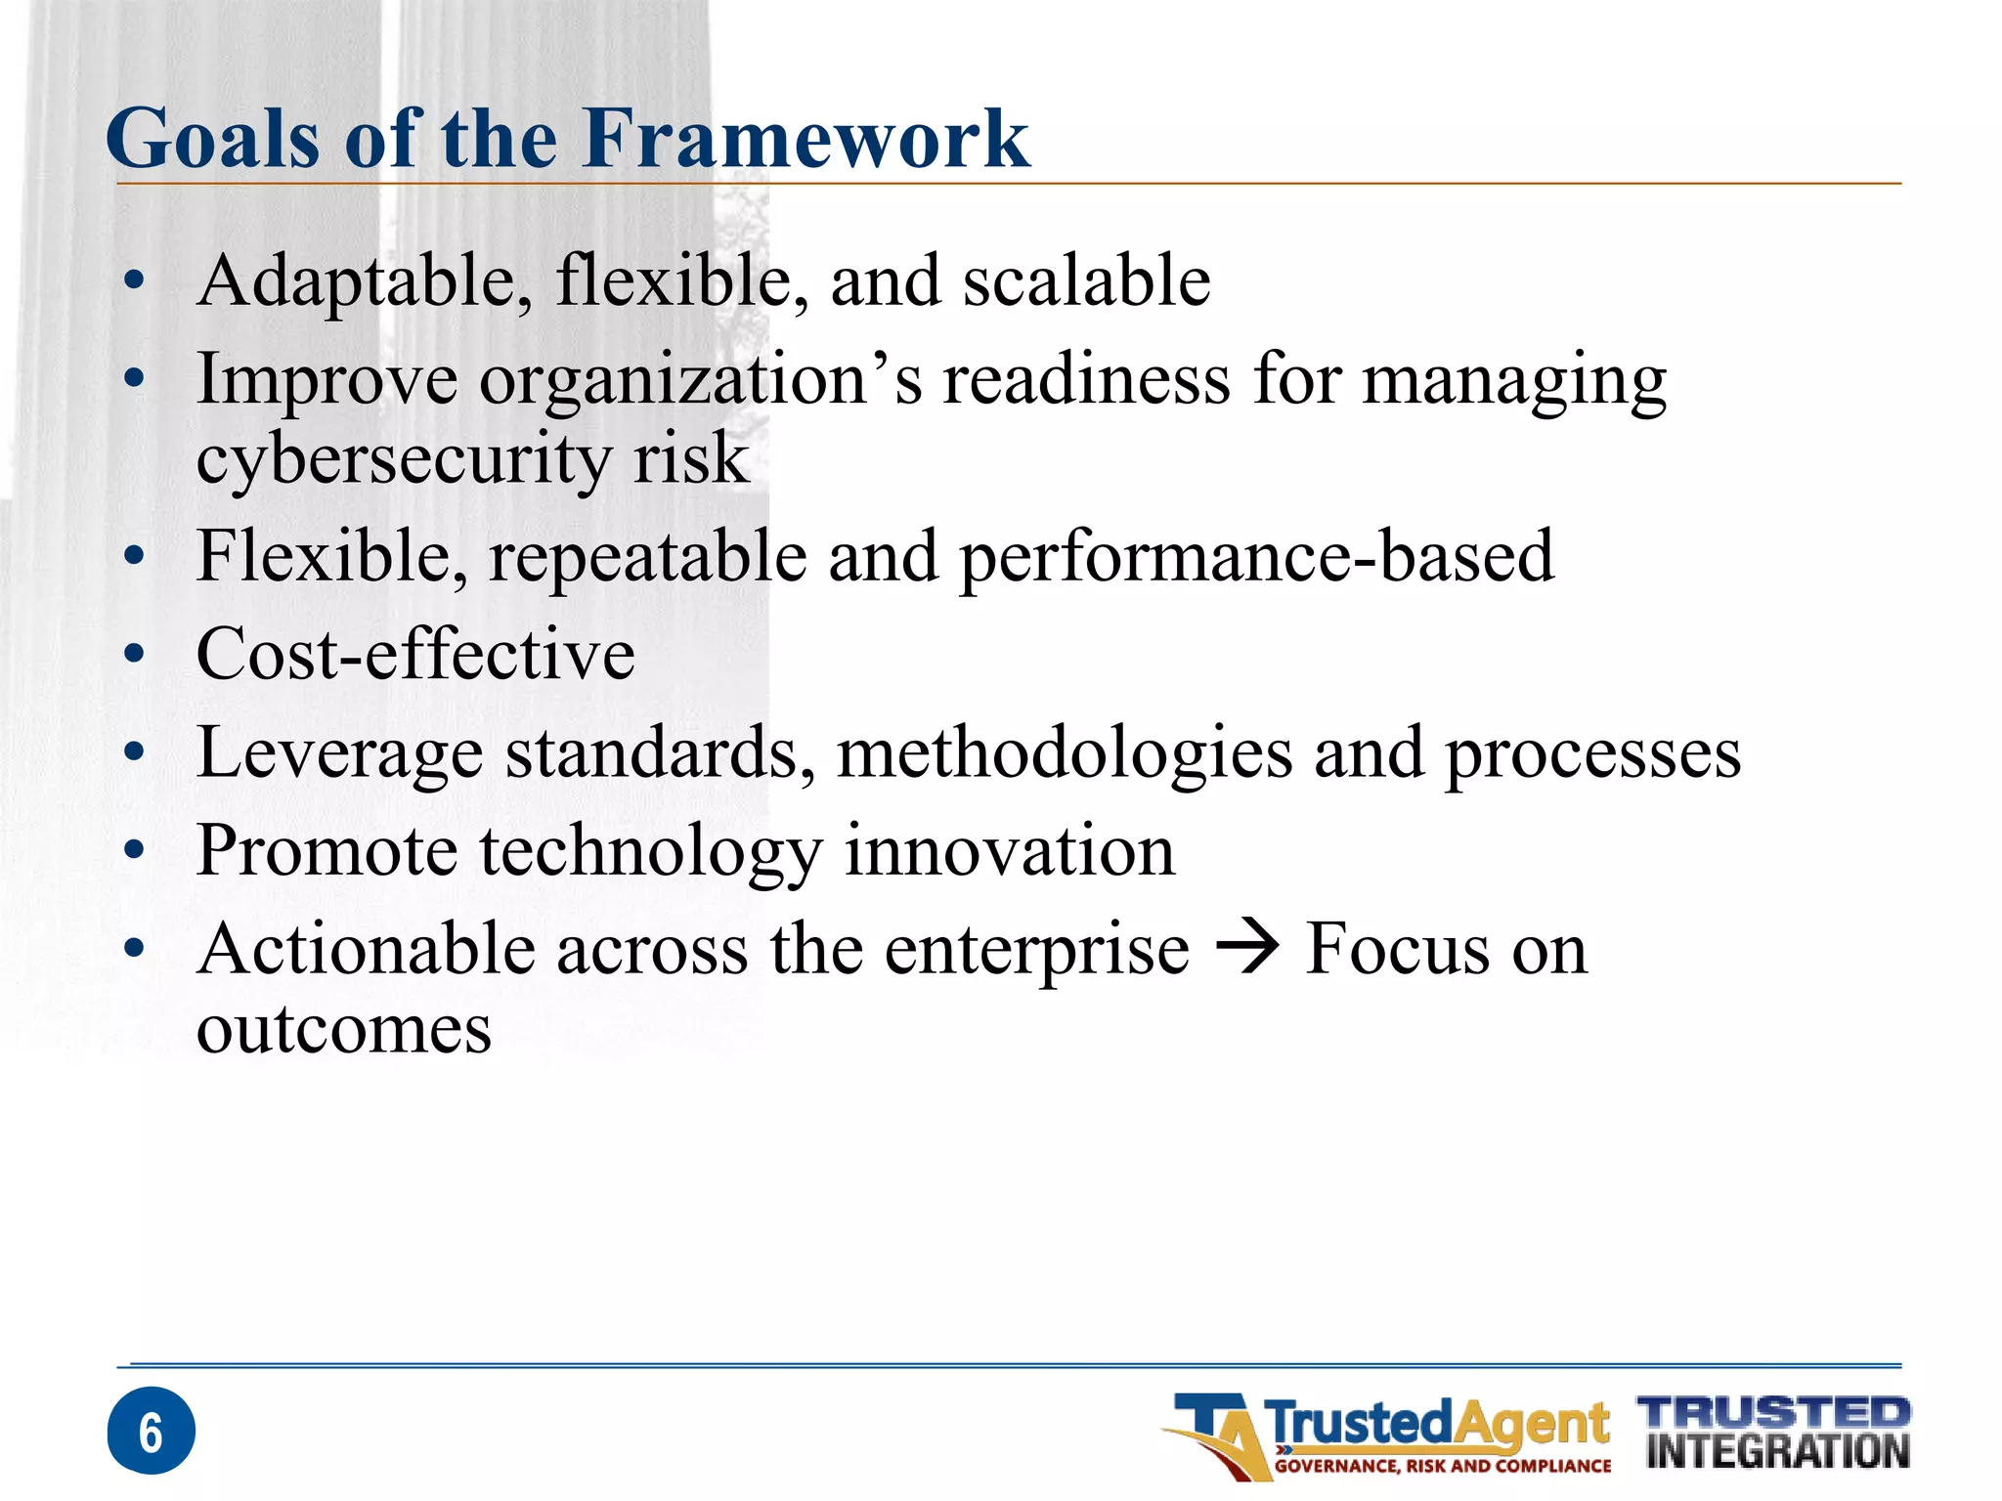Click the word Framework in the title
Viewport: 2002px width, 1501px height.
point(806,139)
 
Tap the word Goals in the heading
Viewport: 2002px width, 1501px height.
point(213,139)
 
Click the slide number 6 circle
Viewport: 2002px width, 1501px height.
point(152,1431)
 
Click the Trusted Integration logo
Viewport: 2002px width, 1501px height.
point(1775,1433)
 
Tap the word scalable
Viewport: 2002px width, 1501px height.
point(1086,281)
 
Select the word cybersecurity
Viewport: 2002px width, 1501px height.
point(403,459)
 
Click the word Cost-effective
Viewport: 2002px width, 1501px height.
point(415,654)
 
